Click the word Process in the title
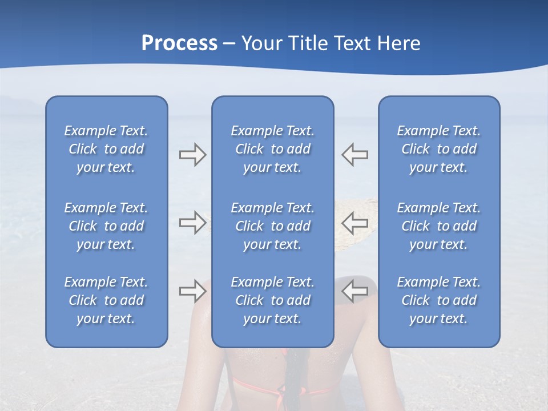[179, 43]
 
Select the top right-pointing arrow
[193, 155]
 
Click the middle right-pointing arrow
[193, 222]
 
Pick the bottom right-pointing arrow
[193, 291]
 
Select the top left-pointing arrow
[354, 155]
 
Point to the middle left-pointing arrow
[354, 222]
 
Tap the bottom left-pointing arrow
[354, 291]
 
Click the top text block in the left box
[106, 149]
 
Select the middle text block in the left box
[106, 226]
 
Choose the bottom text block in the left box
[106, 300]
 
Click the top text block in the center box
[273, 149]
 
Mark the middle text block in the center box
[273, 226]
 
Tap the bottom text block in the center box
[273, 300]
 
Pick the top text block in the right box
[439, 149]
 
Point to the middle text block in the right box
[439, 226]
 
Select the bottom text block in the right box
[439, 300]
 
